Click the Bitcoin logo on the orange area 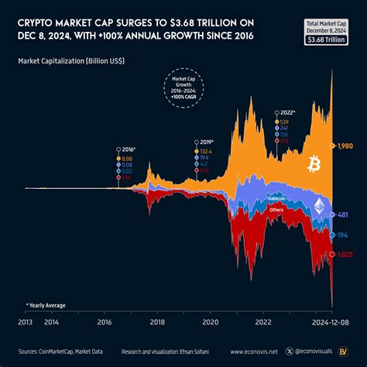(x=314, y=164)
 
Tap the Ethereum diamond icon (x=319, y=206)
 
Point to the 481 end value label (x=341, y=216)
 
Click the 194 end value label (x=341, y=233)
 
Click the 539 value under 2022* (x=283, y=122)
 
